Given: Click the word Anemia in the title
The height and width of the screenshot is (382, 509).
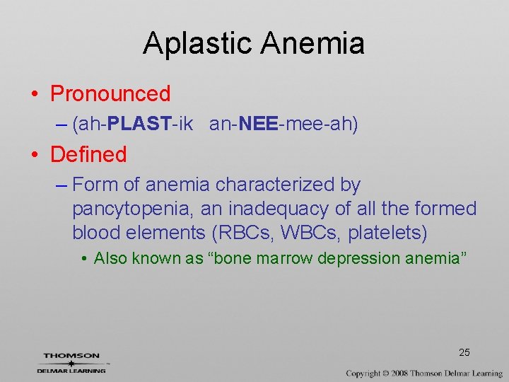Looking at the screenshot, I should [x=312, y=44].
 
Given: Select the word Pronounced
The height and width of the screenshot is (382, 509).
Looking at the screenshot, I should [x=110, y=93].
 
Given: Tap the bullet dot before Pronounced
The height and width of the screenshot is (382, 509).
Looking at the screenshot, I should [x=35, y=94].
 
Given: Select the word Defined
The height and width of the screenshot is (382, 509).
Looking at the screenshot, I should [x=88, y=154].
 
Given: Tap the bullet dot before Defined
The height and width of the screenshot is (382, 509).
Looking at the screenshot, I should [x=35, y=155].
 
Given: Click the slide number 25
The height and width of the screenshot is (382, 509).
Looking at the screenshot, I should [x=464, y=353].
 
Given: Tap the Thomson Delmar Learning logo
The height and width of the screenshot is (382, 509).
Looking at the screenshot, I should [x=71, y=362].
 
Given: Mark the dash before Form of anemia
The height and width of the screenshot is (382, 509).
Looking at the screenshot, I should [x=62, y=185].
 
